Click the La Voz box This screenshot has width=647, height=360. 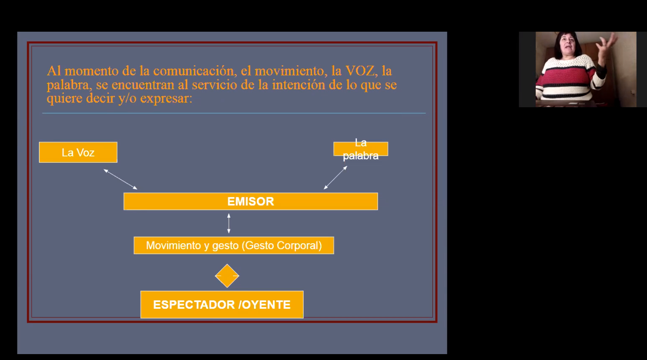(x=78, y=152)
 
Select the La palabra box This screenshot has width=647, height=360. (x=361, y=149)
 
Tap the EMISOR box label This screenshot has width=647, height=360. (x=251, y=202)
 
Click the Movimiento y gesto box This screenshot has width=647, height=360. (x=234, y=245)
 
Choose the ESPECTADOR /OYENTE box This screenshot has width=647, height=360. (x=222, y=304)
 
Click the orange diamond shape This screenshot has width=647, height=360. (x=227, y=276)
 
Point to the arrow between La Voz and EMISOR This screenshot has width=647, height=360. (x=121, y=179)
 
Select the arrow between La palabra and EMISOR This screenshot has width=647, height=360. (x=335, y=178)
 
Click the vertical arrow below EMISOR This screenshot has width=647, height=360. (x=229, y=223)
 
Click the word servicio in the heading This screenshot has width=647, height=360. (x=215, y=85)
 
